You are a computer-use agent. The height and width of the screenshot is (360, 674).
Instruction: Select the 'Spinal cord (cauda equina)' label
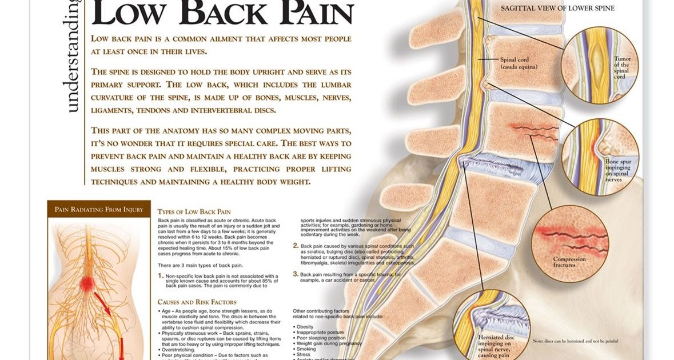(x=519, y=63)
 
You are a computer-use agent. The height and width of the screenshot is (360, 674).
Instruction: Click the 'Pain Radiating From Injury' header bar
(x=99, y=209)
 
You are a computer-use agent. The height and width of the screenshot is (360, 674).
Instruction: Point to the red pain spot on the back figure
(x=87, y=282)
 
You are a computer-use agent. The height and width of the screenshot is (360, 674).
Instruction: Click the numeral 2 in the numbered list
(x=295, y=246)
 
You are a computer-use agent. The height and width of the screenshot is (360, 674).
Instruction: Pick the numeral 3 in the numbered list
(x=295, y=274)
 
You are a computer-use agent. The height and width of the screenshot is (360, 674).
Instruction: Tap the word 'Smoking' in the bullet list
(x=306, y=349)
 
